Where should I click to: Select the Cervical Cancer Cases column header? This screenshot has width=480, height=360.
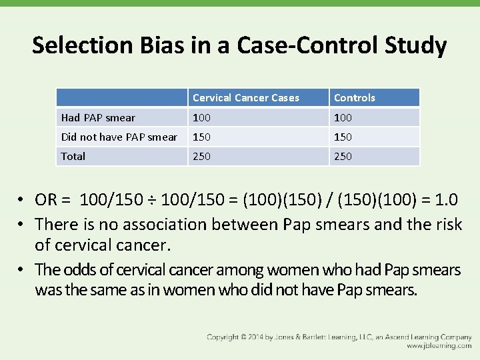pos(245,98)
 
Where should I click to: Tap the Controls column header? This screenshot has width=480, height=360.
pos(354,98)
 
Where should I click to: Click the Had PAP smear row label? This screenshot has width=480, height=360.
pos(98,118)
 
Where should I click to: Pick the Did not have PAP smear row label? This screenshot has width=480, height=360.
pos(119,137)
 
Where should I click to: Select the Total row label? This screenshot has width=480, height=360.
pos(73,157)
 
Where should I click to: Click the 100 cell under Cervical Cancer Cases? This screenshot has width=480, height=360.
pos(201,118)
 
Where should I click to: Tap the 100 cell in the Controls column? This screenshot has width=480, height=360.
pos(343,118)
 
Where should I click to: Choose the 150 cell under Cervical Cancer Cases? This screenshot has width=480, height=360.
pos(201,137)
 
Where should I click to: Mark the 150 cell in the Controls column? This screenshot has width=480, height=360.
pos(343,137)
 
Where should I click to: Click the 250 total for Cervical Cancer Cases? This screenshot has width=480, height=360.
pos(201,157)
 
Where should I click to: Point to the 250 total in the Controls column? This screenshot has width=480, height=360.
pos(343,157)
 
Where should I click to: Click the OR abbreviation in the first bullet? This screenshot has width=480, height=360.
pos(46,200)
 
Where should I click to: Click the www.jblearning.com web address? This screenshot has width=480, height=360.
pos(439,347)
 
